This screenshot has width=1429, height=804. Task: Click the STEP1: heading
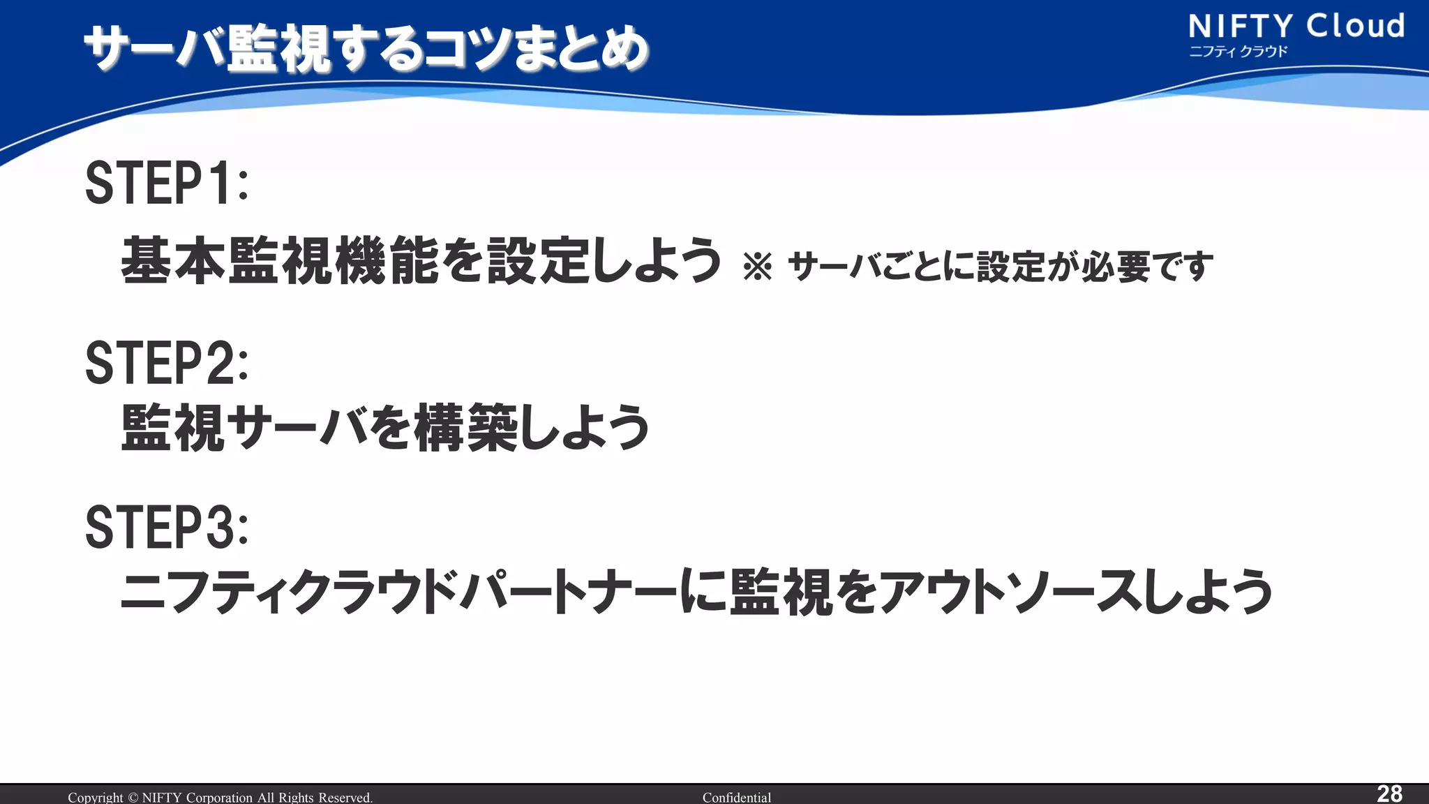coord(166,183)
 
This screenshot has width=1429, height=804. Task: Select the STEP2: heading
coord(166,363)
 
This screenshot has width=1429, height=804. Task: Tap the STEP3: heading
coord(166,528)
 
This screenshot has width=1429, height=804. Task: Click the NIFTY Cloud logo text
coord(1296,27)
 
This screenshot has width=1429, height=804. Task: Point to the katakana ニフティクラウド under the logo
coord(1238,52)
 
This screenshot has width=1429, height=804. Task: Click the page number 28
coord(1389,794)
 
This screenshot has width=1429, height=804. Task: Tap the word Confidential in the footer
coord(736,797)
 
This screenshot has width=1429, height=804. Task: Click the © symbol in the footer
coord(133,797)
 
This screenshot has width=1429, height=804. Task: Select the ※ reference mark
coord(758,267)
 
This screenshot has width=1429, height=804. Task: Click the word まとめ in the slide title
coord(581,49)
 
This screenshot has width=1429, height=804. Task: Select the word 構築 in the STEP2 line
coord(466,427)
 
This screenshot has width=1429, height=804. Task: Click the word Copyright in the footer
coord(95,797)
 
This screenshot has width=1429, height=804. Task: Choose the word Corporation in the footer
coord(219,797)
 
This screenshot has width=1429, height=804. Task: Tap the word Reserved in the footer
coord(345,797)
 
